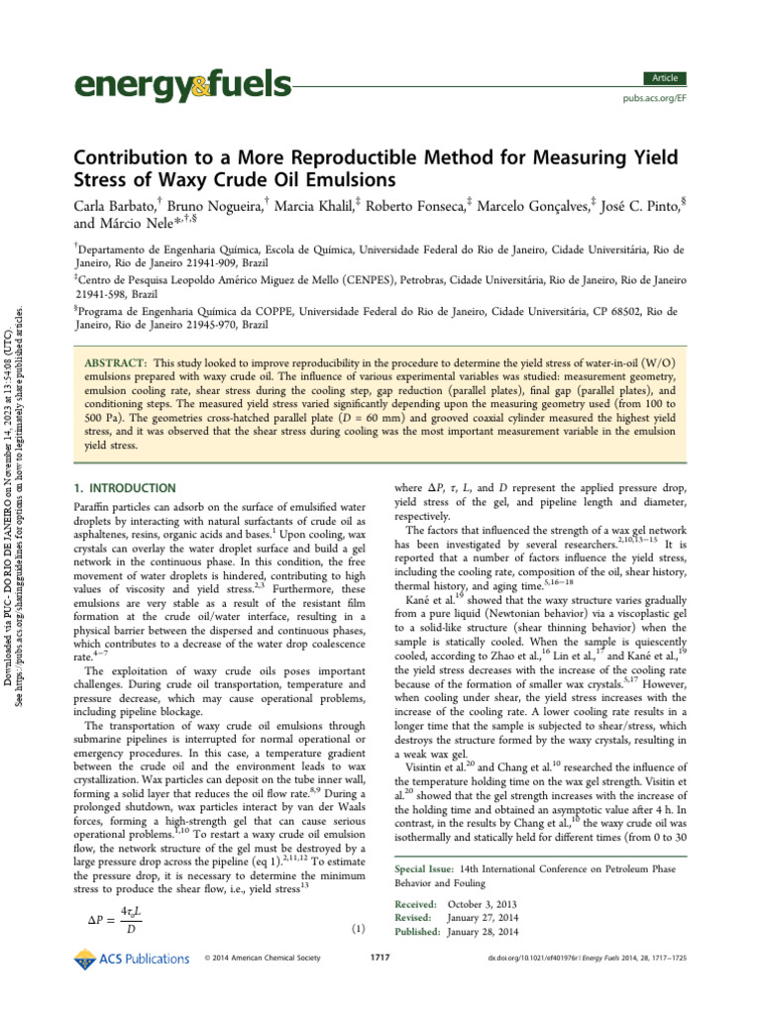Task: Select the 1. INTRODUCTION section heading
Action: [127, 488]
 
